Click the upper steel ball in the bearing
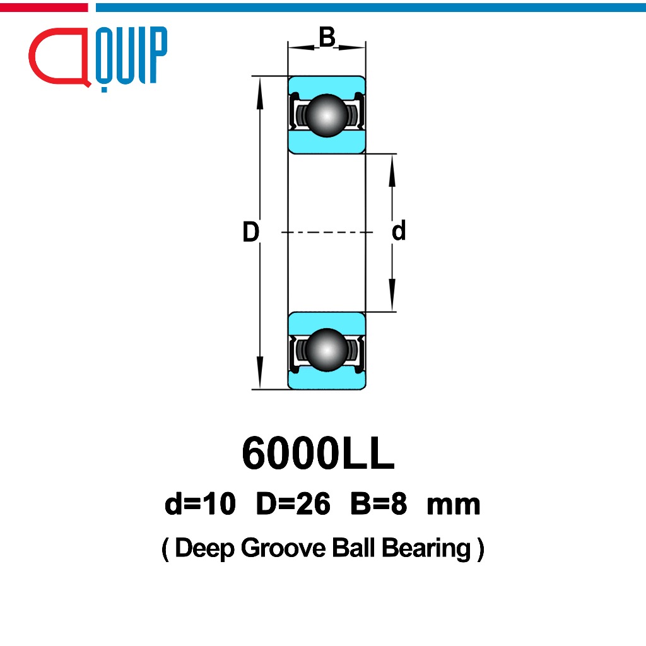327,115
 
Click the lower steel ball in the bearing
327,349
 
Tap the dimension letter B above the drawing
327,38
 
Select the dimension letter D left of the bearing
250,233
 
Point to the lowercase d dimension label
399,232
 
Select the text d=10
200,504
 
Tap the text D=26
293,504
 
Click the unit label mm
454,505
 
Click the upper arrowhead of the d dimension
392,167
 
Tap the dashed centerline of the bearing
327,233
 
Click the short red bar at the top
44,7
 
